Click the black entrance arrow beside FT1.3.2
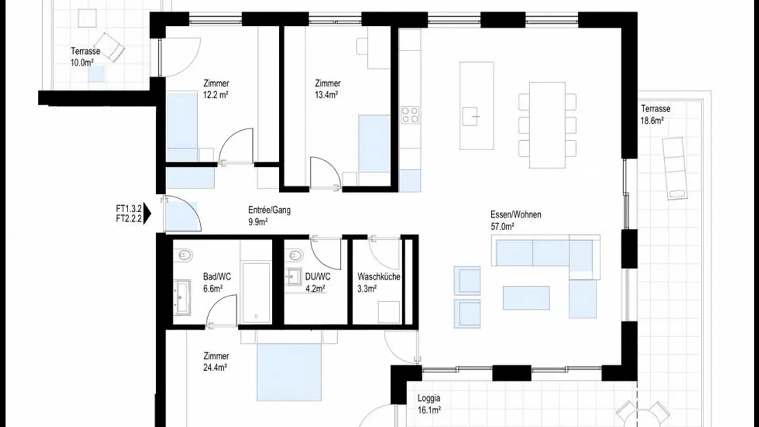[x=148, y=214]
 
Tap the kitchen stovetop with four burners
[x=410, y=115]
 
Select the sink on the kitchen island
[x=471, y=116]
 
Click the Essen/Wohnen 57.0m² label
[x=515, y=220]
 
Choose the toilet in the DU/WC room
[x=296, y=256]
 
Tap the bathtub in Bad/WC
[x=256, y=293]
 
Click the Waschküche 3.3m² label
[x=378, y=282]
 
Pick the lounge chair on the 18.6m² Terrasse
[x=675, y=168]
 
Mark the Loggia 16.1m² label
[x=429, y=404]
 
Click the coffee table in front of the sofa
[x=526, y=298]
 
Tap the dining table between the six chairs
[x=547, y=125]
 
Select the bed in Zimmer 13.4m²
[x=374, y=144]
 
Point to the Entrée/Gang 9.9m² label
[x=269, y=216]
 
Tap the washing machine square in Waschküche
[x=389, y=312]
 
